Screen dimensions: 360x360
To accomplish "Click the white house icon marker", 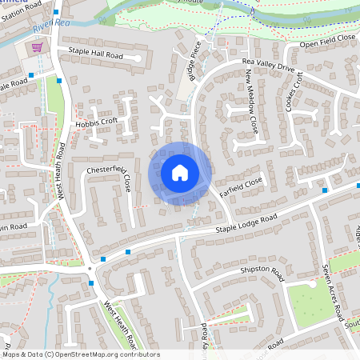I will [180, 172].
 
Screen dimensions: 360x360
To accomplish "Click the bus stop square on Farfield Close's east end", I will [324, 190].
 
